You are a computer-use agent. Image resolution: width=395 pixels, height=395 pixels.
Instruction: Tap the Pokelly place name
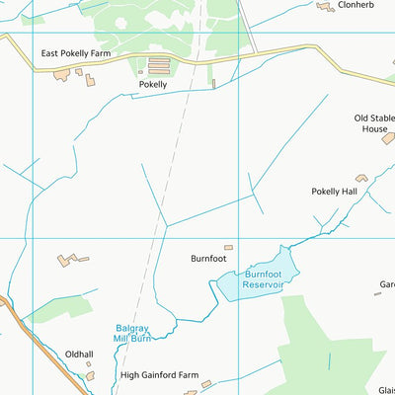tap(153, 85)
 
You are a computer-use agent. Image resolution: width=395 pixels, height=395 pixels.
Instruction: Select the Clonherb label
tap(356, 5)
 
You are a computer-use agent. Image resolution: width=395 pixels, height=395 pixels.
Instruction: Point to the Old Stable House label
tap(372, 122)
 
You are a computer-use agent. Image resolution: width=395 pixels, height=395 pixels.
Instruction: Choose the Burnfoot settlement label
tap(209, 259)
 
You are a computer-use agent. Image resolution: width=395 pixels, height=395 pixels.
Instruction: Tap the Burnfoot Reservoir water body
tap(252, 279)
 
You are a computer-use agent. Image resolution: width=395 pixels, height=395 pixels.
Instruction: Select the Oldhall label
tap(79, 355)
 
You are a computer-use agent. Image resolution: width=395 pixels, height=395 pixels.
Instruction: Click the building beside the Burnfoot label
tap(228, 247)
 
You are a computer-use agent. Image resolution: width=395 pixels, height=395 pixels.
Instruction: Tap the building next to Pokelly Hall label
tap(361, 178)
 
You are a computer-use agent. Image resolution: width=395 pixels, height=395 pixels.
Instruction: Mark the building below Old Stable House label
tap(388, 138)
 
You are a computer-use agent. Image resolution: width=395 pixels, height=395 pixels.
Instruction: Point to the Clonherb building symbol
tap(325, 7)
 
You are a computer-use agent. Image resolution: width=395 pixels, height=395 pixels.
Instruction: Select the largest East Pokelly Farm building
tap(62, 74)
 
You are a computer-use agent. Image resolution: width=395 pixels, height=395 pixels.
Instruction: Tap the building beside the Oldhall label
tap(90, 374)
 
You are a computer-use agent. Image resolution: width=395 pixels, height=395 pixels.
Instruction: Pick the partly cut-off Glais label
tap(385, 389)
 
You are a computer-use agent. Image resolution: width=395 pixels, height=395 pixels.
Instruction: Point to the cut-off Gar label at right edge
tap(386, 286)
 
